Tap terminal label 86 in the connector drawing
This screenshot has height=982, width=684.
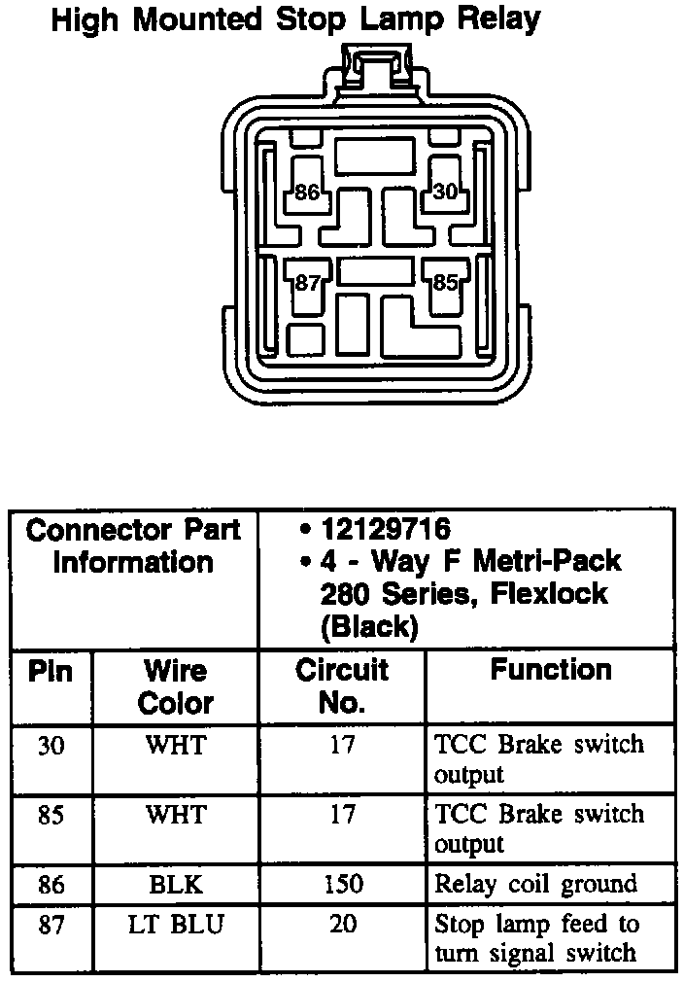pos(307,193)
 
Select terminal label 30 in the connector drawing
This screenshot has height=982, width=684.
pos(445,193)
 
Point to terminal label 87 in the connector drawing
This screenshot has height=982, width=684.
pos(307,284)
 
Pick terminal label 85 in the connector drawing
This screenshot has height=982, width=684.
pos(445,284)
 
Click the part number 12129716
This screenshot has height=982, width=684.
pos(386,530)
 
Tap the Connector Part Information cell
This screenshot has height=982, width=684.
pos(133,546)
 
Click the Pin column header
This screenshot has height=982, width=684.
pos(50,671)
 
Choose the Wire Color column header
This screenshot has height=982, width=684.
pos(176,686)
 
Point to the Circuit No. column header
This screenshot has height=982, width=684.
pos(342,686)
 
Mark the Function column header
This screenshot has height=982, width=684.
pos(551,670)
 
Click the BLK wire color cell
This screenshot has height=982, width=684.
pos(176,884)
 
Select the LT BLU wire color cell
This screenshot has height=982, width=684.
pos(176,925)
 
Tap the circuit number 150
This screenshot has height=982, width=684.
pos(342,884)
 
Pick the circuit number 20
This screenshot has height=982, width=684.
pos(342,925)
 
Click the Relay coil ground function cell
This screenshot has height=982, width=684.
pos(535,884)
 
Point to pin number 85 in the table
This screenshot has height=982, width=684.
pos(51,814)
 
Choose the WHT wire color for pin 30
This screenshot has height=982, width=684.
pos(176,746)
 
